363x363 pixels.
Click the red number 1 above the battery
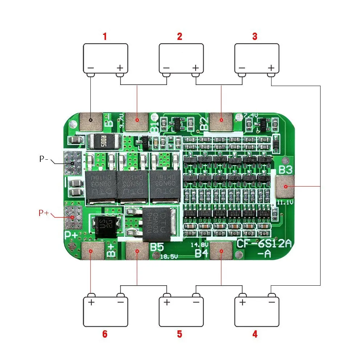pyautogui.click(x=105, y=36)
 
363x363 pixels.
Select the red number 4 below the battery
pyautogui.click(x=255, y=334)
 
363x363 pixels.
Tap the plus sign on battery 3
pyautogui.click(x=271, y=68)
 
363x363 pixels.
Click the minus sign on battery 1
pyautogui.click(x=91, y=68)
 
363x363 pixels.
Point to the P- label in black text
pyautogui.click(x=44, y=159)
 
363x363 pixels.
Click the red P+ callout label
pyautogui.click(x=44, y=213)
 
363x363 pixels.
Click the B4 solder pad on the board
pyautogui.click(x=221, y=251)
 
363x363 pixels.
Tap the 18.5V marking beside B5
pyautogui.click(x=169, y=257)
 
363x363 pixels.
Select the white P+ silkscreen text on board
pyautogui.click(x=72, y=235)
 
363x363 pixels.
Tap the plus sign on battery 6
pyautogui.click(x=91, y=302)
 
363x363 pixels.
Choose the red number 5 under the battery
pyautogui.click(x=179, y=334)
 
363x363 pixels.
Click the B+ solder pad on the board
pyautogui.click(x=91, y=251)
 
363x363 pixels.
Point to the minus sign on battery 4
pyautogui.click(x=271, y=302)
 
